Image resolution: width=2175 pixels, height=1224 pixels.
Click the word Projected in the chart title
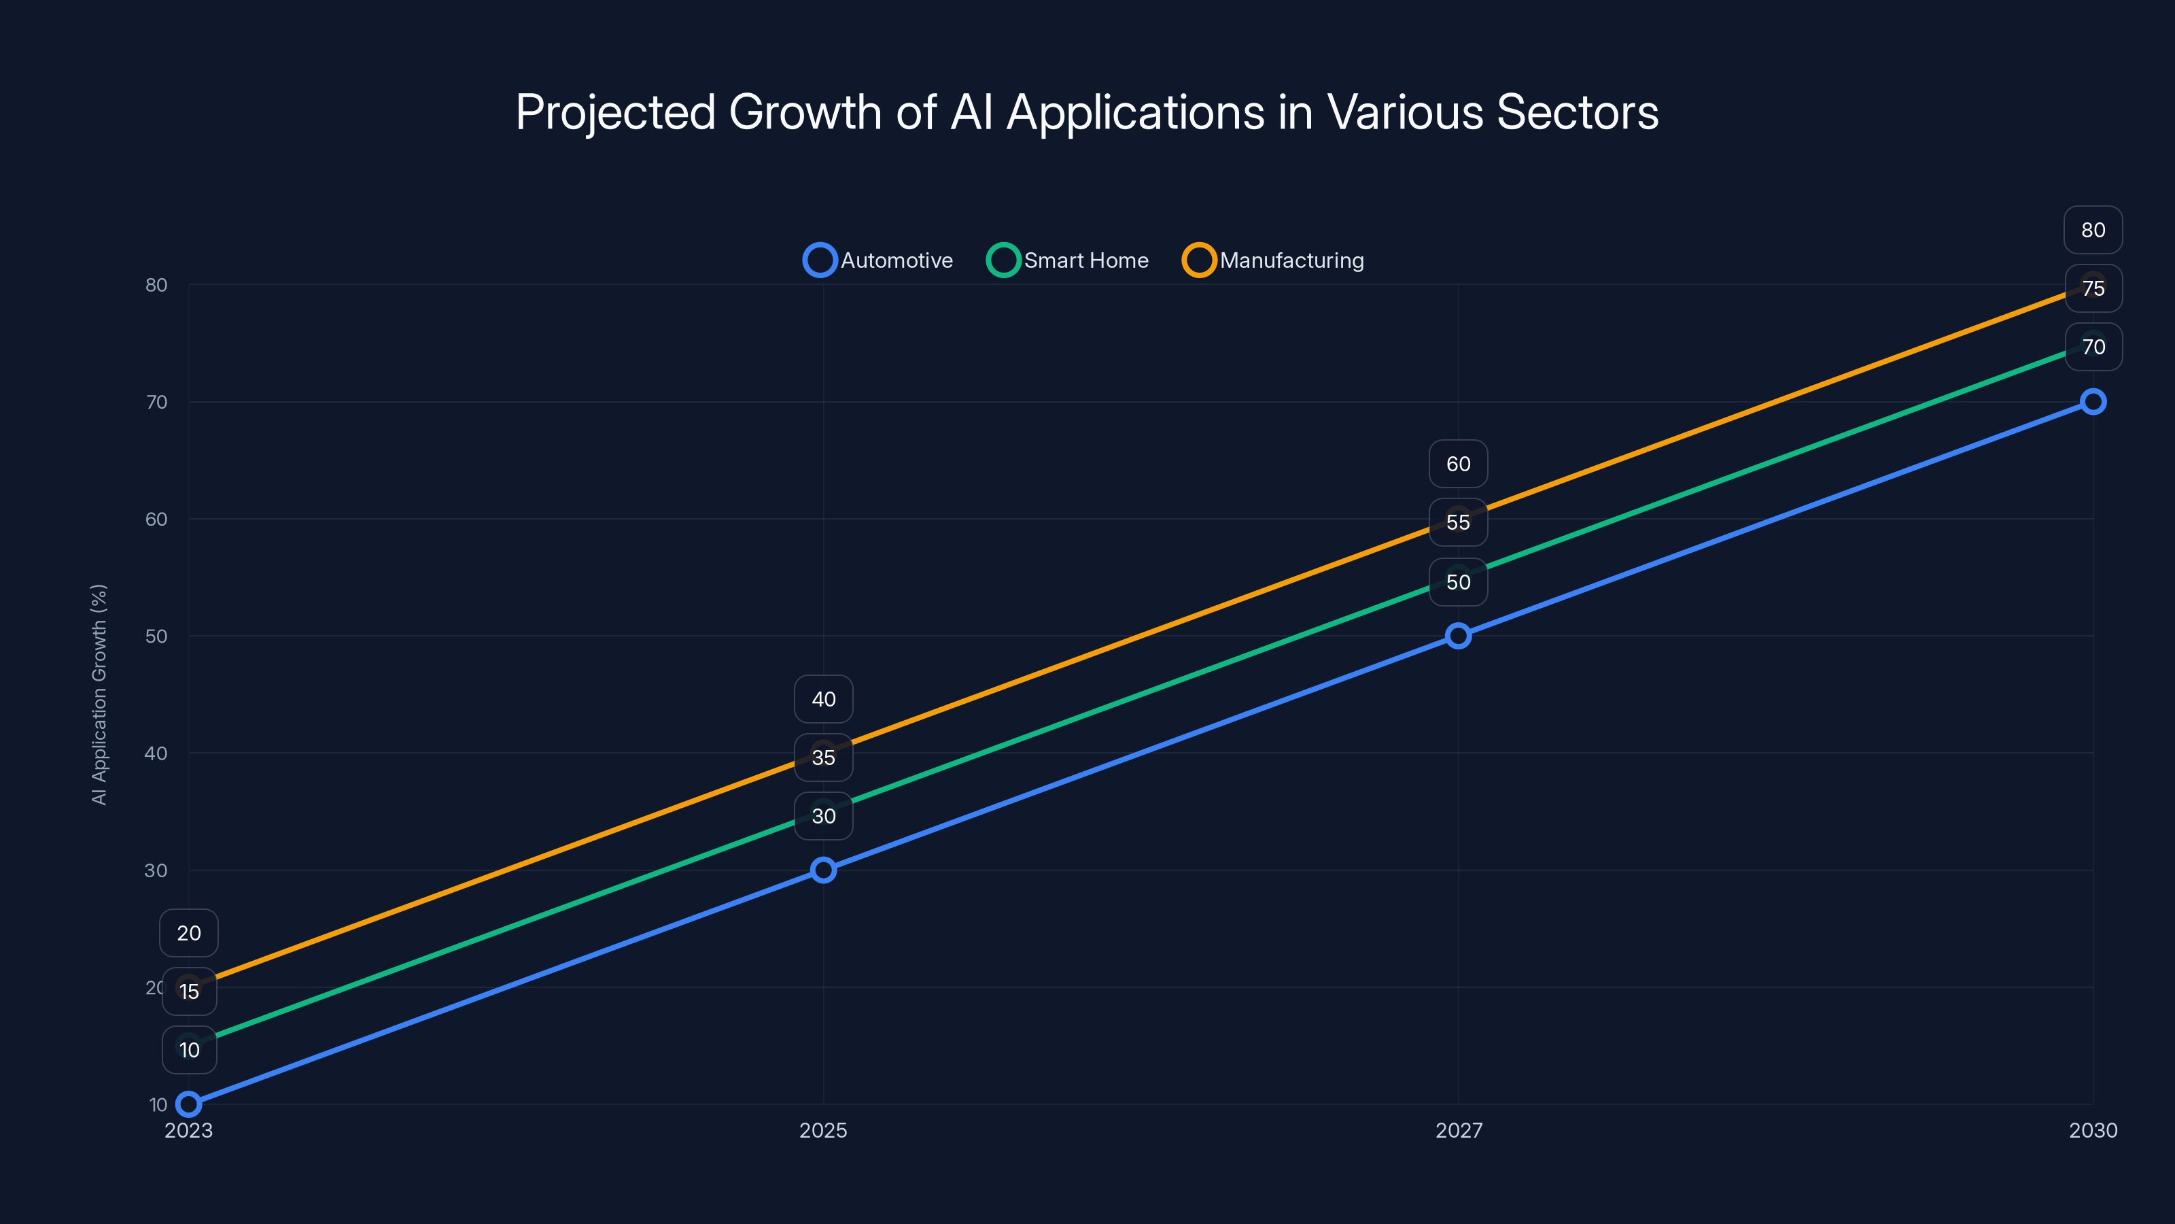(614, 112)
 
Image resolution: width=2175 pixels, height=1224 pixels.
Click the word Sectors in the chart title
(1576, 112)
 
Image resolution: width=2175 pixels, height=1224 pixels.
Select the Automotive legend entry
(878, 260)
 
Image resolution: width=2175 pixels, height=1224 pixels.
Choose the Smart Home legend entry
(1068, 260)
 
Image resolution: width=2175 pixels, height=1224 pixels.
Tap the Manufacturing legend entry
(1273, 260)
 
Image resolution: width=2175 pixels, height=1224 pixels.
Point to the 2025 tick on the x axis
(823, 1130)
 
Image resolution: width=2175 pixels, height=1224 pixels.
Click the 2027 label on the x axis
(1458, 1130)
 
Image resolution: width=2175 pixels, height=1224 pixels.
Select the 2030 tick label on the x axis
(2092, 1130)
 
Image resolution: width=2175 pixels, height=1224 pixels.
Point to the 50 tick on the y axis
(156, 636)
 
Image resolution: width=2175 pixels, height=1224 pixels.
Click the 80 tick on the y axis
(156, 285)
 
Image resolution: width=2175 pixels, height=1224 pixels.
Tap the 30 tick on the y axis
(156, 870)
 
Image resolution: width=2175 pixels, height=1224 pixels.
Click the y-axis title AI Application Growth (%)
(99, 694)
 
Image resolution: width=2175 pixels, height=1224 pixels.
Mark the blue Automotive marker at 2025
(823, 870)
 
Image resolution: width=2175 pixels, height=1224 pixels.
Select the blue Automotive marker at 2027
(1458, 636)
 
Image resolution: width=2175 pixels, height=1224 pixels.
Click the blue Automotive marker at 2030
(2092, 402)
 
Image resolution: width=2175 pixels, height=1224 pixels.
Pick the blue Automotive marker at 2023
(189, 1104)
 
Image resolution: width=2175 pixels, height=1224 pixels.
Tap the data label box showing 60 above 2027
(1458, 464)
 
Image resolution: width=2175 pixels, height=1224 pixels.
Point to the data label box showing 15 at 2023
(189, 991)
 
